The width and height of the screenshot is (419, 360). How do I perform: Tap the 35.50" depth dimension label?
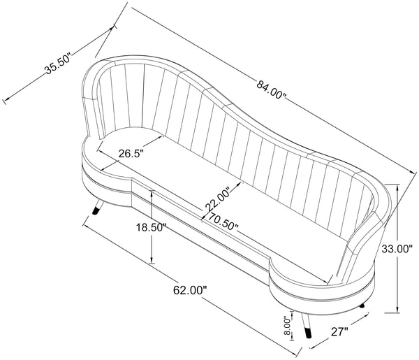58,64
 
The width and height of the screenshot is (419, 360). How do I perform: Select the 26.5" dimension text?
131,154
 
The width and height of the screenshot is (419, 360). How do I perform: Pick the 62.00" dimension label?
190,290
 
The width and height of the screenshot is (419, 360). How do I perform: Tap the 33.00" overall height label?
397,249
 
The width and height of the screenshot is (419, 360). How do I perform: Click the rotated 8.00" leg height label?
287,326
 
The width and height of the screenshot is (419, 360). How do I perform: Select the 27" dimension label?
340,332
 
